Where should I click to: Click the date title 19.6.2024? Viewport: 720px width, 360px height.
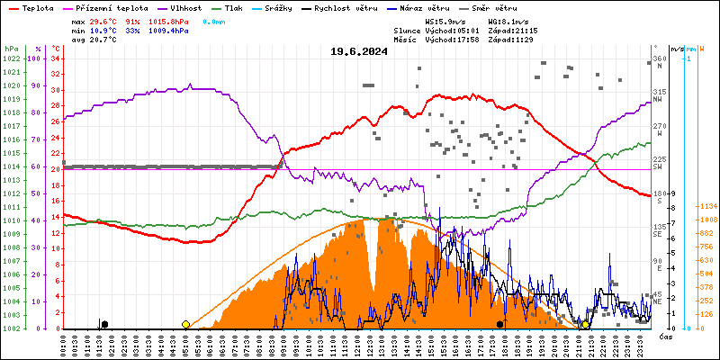(x=358, y=51)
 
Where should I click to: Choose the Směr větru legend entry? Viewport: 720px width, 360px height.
(x=494, y=7)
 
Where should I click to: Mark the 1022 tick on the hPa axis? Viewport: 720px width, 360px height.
(x=11, y=58)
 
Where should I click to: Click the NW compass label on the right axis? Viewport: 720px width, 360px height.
(x=659, y=98)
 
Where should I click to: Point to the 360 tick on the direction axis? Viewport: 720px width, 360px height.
(x=658, y=58)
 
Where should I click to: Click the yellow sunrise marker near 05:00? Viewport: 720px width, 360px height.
(x=185, y=324)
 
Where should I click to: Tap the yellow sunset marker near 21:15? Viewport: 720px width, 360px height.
(x=585, y=324)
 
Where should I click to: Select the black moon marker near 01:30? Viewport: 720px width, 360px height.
(x=104, y=324)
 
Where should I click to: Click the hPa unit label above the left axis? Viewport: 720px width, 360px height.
(x=11, y=48)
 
